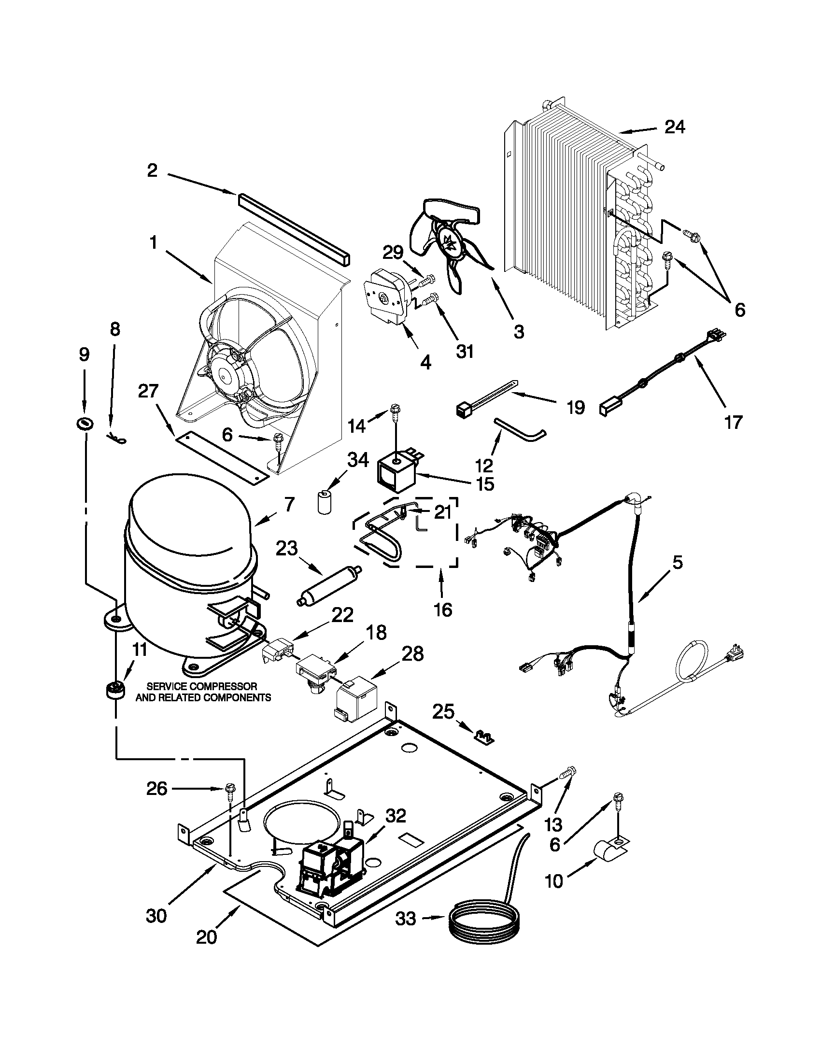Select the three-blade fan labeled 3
450,243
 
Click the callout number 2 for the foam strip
152,170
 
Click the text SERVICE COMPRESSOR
202,686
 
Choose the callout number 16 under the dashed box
442,609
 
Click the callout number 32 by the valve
395,816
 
